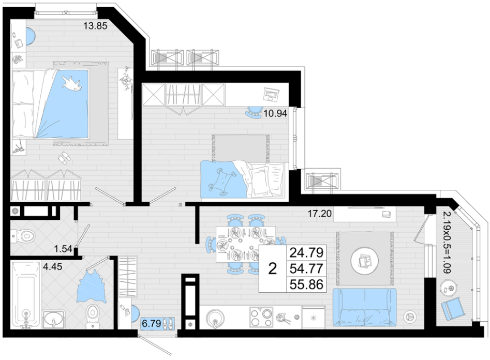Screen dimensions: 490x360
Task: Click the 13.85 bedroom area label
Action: (x=95, y=26)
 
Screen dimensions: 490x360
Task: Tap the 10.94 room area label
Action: (x=275, y=113)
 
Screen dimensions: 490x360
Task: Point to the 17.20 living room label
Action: (x=320, y=214)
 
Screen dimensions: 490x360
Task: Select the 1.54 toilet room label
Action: (x=63, y=249)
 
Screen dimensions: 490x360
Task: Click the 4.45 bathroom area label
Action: (x=52, y=266)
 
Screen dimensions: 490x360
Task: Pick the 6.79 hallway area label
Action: (x=152, y=323)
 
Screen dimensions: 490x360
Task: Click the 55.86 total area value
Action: (x=306, y=284)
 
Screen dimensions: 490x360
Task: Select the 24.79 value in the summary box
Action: (x=306, y=252)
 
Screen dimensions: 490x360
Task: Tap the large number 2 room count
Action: (x=273, y=268)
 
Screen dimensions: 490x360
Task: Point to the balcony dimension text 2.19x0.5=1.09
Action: (x=447, y=243)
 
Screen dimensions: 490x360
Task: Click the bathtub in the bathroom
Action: (x=26, y=294)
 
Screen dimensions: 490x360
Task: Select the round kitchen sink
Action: (x=215, y=318)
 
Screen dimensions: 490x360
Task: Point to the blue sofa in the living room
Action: (x=365, y=307)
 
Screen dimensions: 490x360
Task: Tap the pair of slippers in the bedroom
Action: (x=64, y=158)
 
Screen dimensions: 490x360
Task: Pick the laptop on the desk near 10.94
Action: (x=271, y=94)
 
